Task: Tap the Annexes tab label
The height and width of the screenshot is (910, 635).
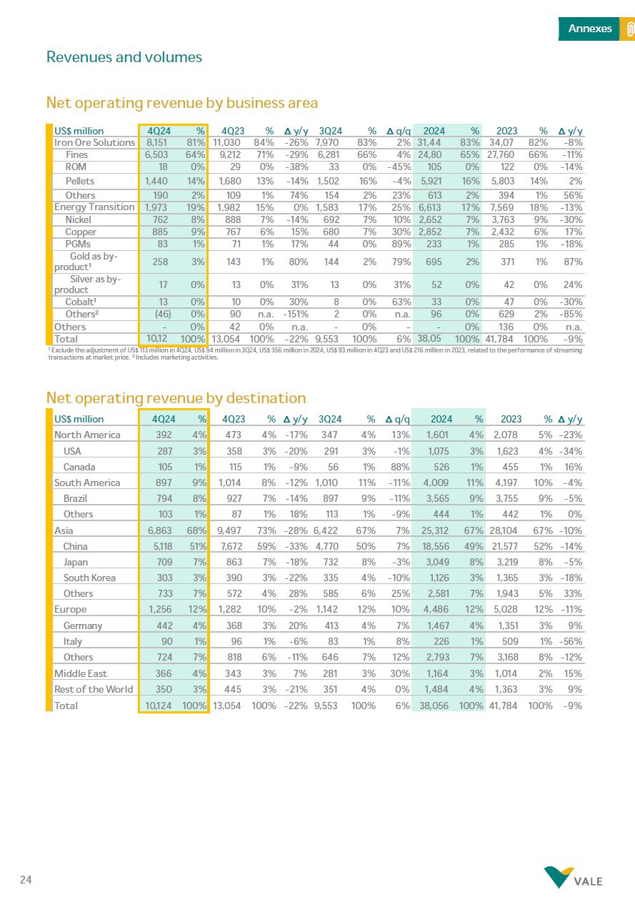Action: click(x=589, y=29)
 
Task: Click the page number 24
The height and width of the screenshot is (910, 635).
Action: click(x=26, y=880)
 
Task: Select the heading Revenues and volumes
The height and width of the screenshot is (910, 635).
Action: click(x=124, y=57)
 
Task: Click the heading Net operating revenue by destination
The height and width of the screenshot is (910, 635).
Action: click(x=176, y=398)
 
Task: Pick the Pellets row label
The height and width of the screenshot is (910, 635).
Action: click(x=79, y=181)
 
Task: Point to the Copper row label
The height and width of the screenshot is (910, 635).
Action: click(x=81, y=232)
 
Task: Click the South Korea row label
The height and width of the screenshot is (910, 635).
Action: click(x=89, y=578)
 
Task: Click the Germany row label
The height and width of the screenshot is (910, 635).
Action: click(x=82, y=625)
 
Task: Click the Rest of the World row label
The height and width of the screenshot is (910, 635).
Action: click(x=94, y=689)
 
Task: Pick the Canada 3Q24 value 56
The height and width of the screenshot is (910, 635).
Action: click(x=331, y=467)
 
